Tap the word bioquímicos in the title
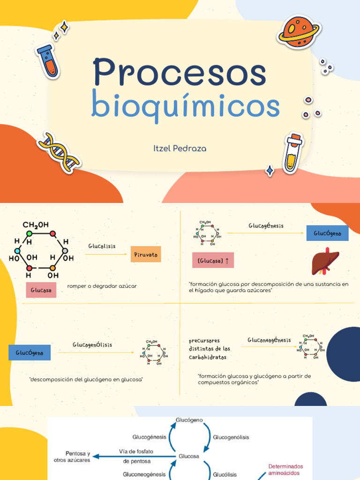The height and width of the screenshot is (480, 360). [x=186, y=105]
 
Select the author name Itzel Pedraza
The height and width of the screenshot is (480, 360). [x=180, y=149]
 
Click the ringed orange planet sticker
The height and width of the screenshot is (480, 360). [x=299, y=31]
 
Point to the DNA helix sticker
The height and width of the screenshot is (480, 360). [x=58, y=152]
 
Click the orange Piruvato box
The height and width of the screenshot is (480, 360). [x=146, y=254]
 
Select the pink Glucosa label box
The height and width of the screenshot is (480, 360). [x=41, y=290]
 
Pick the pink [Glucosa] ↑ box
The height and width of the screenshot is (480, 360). [x=213, y=260]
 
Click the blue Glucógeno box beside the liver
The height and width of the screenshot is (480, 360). [x=327, y=233]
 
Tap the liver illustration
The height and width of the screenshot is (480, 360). [x=325, y=262]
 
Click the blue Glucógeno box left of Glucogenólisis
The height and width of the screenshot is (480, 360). [x=30, y=352]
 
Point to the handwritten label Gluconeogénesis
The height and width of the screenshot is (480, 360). [x=269, y=340]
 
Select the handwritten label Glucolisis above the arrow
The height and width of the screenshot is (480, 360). [x=102, y=246]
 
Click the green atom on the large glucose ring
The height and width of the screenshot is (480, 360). [x=30, y=233]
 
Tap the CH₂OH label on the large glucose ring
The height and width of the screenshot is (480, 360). [x=36, y=225]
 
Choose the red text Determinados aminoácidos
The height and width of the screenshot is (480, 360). [x=285, y=470]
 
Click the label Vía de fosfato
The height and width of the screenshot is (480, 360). [x=136, y=451]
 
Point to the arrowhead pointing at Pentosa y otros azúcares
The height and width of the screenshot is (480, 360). [x=96, y=457]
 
